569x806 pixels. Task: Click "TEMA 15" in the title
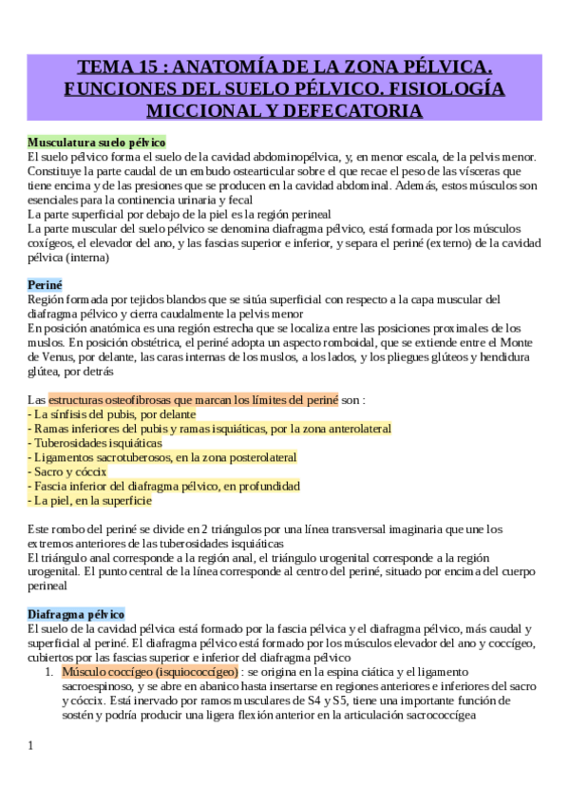112,67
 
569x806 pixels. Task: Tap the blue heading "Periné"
45,284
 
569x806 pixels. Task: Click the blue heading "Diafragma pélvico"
76,614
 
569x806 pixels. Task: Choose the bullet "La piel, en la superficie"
89,500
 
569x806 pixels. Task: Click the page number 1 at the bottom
30,745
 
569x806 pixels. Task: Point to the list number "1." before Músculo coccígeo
49,671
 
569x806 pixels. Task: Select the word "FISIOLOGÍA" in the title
446,89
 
